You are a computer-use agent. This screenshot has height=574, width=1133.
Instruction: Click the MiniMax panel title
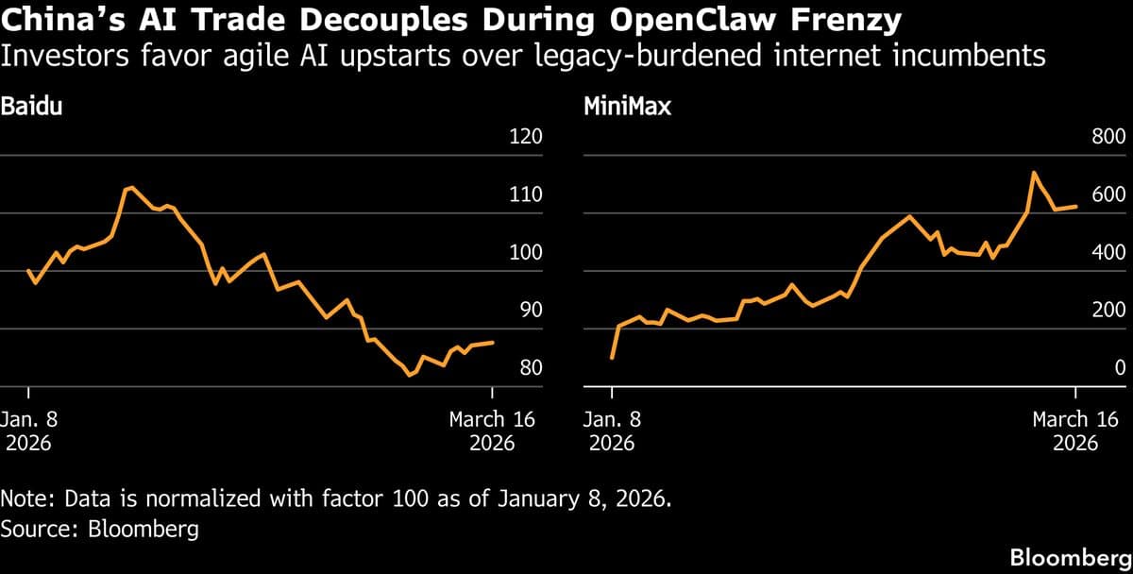click(627, 106)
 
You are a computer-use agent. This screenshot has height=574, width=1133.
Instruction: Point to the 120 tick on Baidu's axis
click(526, 137)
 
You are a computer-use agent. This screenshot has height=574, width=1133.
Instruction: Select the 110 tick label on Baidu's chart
click(526, 195)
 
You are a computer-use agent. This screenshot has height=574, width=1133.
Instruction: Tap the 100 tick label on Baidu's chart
click(526, 253)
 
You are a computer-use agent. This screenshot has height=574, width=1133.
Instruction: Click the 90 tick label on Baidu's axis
click(531, 311)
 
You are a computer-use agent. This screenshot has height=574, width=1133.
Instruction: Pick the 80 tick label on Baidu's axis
click(531, 368)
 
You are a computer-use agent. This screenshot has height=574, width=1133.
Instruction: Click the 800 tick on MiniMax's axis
click(1108, 137)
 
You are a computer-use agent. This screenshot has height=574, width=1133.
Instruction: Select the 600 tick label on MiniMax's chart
click(1108, 195)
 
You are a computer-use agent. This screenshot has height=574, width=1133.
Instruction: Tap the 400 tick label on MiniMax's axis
click(1108, 253)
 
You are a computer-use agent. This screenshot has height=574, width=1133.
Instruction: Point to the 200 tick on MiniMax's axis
click(1108, 311)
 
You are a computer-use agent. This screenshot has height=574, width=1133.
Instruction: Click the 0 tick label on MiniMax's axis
click(1120, 368)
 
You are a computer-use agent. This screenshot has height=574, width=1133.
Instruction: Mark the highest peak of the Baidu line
click(130, 187)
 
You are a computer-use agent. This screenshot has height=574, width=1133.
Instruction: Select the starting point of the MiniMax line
click(612, 359)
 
